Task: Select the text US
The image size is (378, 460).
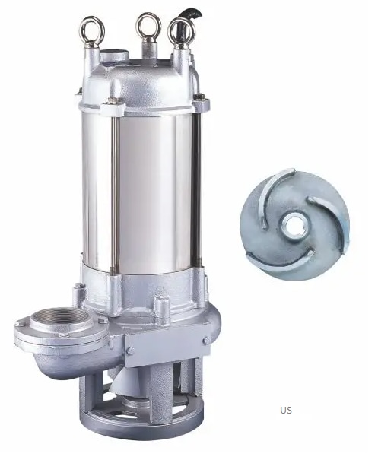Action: (285, 410)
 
